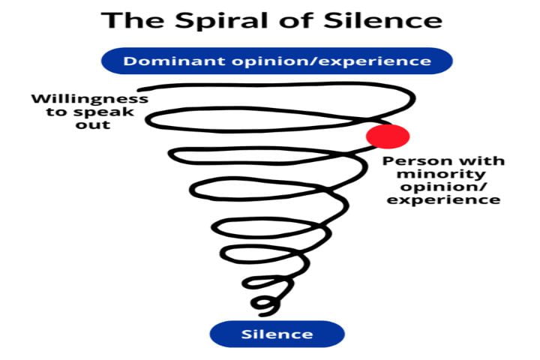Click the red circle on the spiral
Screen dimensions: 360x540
(387, 136)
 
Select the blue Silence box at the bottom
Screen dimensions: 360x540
(277, 334)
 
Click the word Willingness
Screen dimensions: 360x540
(89, 99)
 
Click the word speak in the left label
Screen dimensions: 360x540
(110, 112)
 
